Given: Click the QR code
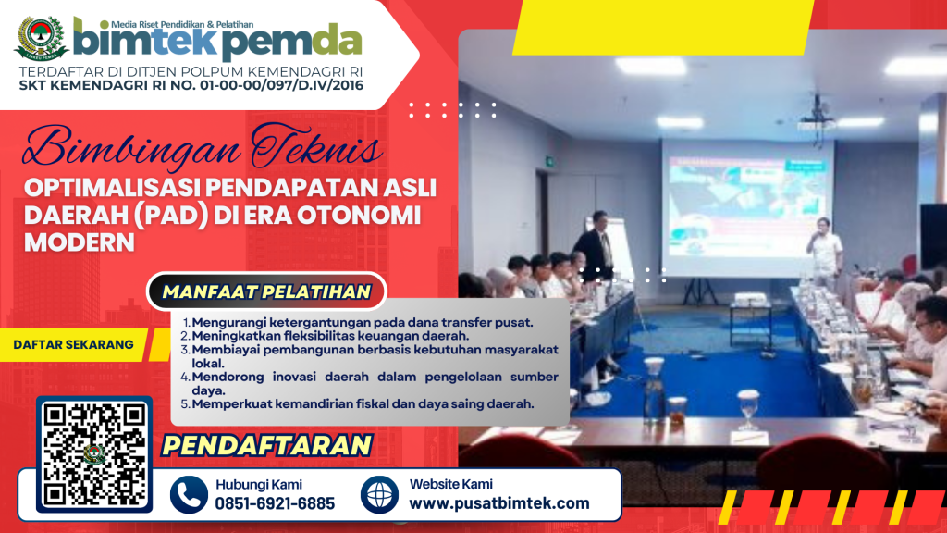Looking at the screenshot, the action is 94,454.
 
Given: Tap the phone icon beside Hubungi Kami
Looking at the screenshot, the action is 189,495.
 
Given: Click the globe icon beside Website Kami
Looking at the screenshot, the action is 379,495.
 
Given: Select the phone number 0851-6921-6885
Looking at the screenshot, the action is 275,503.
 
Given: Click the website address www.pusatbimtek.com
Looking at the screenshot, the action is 499,503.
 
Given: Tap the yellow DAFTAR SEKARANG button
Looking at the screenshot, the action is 74,344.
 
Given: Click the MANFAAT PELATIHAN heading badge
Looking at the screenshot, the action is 266,291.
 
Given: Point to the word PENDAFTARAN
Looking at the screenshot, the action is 266,446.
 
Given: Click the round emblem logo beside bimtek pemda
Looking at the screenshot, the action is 41,37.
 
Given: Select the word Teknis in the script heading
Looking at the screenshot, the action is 316,145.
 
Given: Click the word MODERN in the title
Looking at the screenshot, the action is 80,242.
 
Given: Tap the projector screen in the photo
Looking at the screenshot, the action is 747,208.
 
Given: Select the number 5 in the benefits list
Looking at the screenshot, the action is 185,404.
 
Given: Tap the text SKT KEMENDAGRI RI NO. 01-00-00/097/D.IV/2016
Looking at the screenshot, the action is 191,85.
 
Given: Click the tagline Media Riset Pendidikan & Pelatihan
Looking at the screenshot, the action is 182,24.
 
